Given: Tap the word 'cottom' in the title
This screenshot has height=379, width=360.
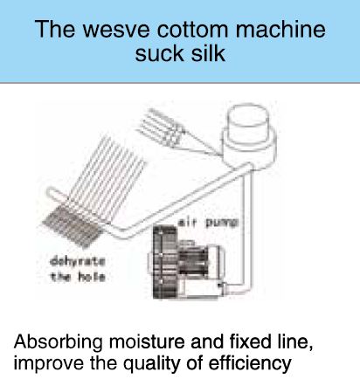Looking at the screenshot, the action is point(194,29).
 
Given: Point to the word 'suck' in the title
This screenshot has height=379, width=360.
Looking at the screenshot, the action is point(156,53).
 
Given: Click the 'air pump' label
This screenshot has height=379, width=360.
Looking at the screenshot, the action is point(208,223).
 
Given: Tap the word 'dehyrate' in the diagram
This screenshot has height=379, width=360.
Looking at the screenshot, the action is point(77,261).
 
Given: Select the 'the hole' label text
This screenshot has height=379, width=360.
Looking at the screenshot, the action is point(77,277).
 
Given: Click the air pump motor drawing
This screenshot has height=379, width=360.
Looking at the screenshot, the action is point(189,263).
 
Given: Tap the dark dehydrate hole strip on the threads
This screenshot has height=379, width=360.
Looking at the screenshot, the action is point(73,224).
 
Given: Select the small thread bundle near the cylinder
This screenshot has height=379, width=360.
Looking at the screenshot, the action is point(163,128).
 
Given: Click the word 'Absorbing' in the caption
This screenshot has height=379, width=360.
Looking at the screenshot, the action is point(59,342).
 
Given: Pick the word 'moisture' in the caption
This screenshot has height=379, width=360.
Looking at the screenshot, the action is point(147,341).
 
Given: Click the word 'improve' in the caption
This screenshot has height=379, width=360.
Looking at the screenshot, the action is point(49,363).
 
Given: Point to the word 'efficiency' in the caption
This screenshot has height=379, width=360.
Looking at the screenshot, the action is point(250,363).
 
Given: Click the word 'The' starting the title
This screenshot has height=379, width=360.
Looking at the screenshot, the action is point(55,29).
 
